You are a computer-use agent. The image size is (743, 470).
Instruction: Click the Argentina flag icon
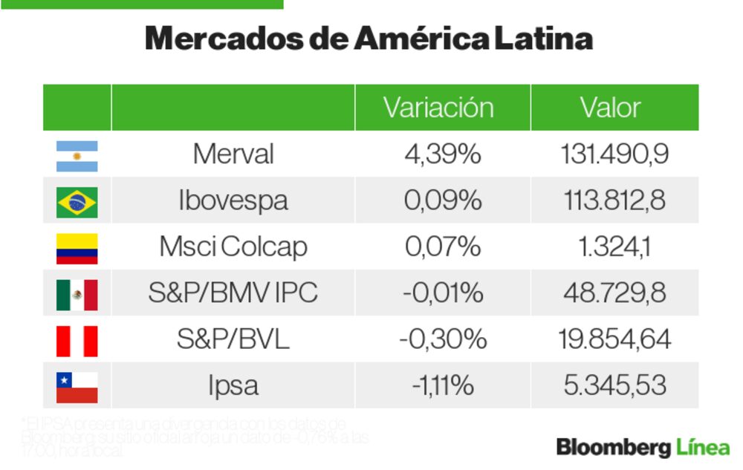pos(77,156)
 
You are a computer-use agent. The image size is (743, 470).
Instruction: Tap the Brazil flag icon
pos(77,202)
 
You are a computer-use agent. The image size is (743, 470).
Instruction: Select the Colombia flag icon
pos(77,248)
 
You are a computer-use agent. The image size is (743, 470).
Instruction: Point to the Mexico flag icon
pos(77,295)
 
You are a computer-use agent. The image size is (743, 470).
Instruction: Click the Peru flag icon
pos(77,341)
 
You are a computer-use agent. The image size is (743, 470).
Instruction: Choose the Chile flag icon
pos(77,387)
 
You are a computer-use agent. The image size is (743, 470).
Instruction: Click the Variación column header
pos(438,108)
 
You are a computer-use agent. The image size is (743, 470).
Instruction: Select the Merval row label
pos(233,154)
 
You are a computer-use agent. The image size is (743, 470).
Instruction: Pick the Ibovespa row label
pos(233,200)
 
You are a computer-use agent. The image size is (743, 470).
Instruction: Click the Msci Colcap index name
pos(233,247)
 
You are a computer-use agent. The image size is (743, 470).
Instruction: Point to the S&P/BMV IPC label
pos(233,293)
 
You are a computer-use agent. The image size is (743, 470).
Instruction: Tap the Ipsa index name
pos(233,386)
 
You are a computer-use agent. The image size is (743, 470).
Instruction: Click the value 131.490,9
pos(614,154)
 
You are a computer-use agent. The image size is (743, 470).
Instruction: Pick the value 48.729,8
pos(614,293)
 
